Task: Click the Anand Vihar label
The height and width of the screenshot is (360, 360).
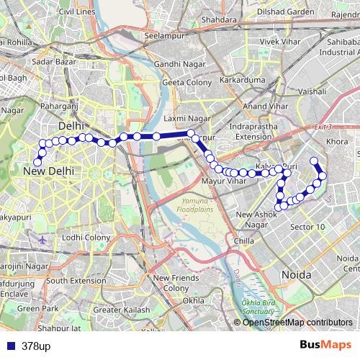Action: pos(266,107)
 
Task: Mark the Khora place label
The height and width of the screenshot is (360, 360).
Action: pos(336,142)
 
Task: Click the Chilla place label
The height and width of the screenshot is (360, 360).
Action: pos(245,240)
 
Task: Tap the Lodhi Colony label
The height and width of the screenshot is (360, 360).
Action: pos(86,237)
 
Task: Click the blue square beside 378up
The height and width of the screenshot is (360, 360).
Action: pos(8,346)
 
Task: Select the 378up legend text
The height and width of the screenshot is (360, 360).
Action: pos(35,346)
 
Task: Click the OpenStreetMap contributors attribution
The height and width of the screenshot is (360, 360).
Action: pos(297,322)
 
